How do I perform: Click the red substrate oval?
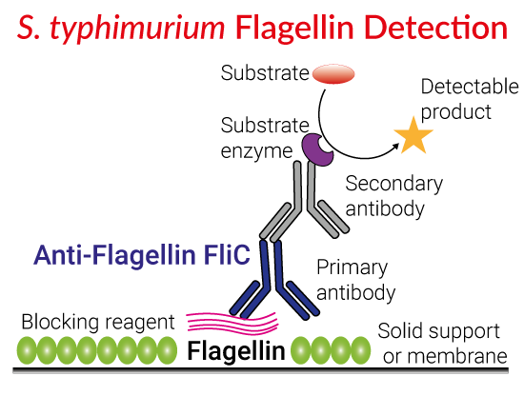pos(333,74)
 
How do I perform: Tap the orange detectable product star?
pos(413,136)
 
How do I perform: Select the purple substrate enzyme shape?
pos(316,149)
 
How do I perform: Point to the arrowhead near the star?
pos(395,146)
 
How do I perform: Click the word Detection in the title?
pos(436,28)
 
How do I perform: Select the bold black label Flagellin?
pos(236,351)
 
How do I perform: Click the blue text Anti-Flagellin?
pos(114,255)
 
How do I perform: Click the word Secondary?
pos(394,185)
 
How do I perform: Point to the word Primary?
pos(352,268)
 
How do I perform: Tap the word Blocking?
pos(61,322)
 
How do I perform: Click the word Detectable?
pos(470,87)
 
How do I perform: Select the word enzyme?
pos(256,151)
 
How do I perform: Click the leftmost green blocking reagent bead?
pos(27,350)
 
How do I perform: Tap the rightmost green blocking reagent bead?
pos(360,350)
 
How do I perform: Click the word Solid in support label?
pos(401,331)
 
